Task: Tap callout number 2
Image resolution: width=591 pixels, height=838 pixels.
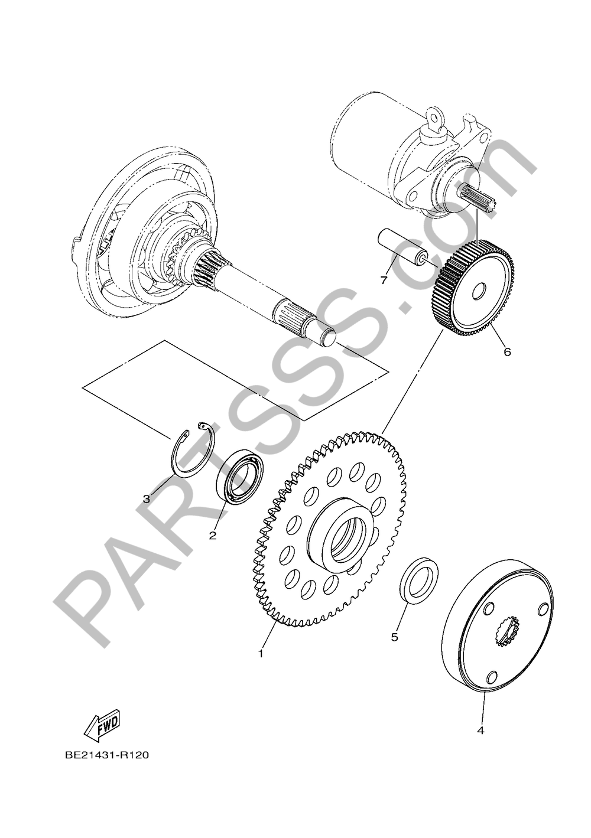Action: click(213, 536)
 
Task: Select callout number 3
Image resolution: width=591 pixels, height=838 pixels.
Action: click(147, 498)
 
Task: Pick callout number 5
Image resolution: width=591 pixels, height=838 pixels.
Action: click(395, 637)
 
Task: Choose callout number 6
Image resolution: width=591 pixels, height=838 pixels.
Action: click(508, 351)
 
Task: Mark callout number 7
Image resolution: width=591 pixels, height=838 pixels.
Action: click(383, 281)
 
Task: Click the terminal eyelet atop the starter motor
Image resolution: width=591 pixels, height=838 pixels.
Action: click(435, 120)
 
